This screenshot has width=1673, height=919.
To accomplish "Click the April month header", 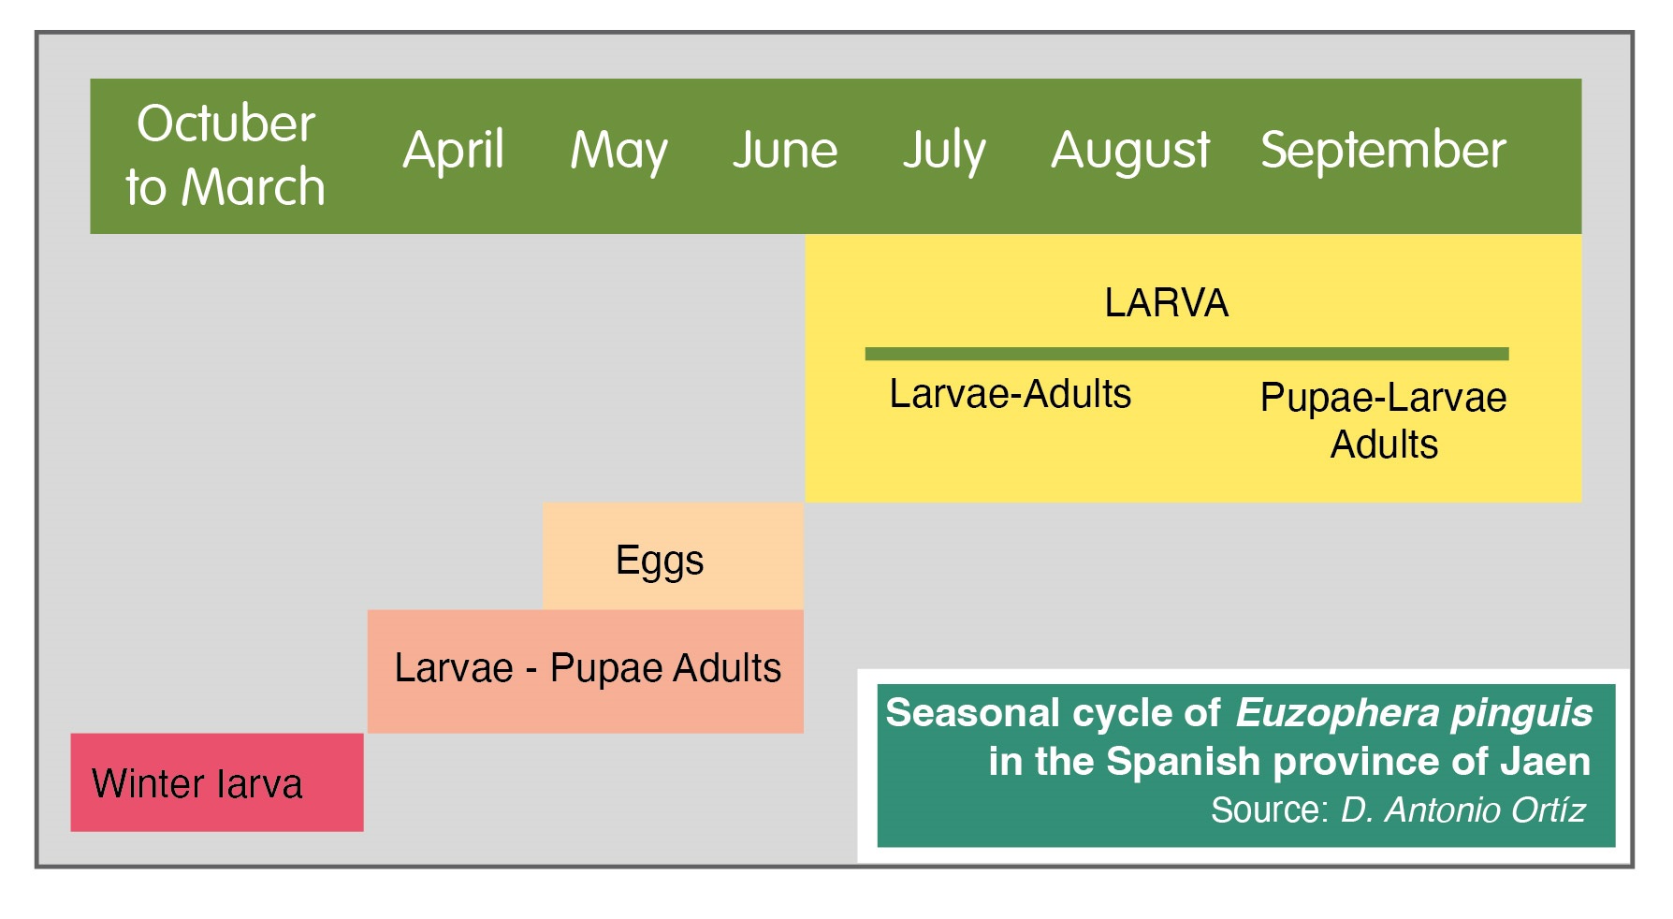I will (x=454, y=151).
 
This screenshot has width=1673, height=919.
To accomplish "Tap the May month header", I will (x=618, y=151).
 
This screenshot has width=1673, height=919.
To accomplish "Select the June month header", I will (x=785, y=151).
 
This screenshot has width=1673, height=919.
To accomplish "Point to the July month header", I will (x=944, y=151).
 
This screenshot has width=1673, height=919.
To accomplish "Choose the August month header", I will (x=1130, y=151).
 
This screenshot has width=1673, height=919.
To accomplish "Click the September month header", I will (x=1383, y=151).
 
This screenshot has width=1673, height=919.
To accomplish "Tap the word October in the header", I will (x=225, y=124).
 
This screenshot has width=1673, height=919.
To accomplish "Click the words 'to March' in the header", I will (x=225, y=187).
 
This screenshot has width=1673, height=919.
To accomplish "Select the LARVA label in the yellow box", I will (x=1166, y=303).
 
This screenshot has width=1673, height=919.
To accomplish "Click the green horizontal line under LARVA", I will (x=1186, y=354).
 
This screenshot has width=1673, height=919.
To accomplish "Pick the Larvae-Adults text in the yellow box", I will (x=1010, y=394).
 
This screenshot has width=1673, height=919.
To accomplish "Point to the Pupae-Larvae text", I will (x=1383, y=398).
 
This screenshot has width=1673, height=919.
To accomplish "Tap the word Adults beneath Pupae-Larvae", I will (x=1384, y=445).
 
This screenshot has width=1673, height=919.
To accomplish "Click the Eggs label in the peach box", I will (x=660, y=561).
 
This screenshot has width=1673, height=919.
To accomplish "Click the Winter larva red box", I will (x=216, y=783).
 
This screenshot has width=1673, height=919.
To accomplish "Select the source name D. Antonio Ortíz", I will (x=1462, y=810).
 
